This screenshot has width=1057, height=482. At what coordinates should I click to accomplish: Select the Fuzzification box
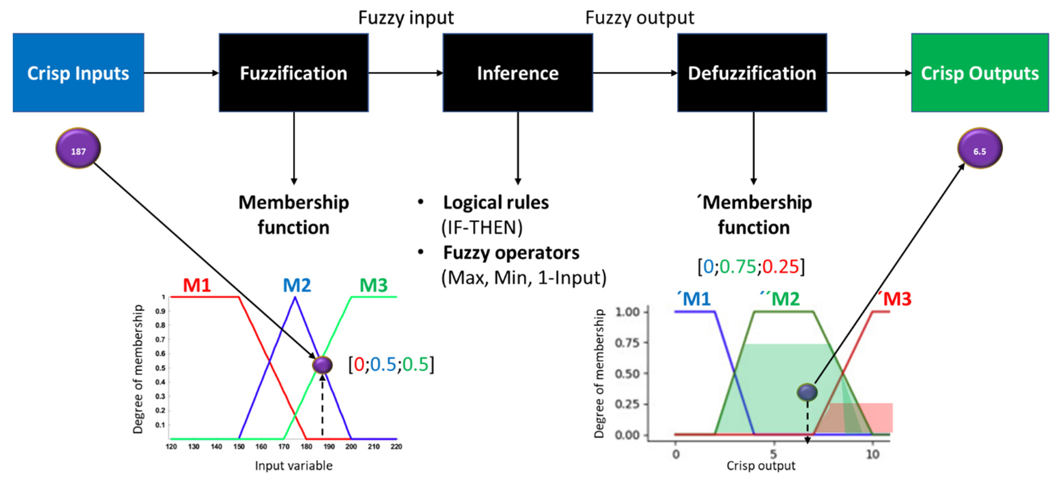pos(293,73)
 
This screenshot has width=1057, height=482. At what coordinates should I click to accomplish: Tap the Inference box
pos(517,73)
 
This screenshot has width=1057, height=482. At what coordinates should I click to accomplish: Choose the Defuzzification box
pos(752,73)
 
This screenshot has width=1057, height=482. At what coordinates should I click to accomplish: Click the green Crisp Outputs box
pos(979,73)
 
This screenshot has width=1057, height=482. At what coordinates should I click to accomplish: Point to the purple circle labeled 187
pos(78,149)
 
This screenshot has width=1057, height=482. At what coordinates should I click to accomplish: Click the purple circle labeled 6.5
pos(979,149)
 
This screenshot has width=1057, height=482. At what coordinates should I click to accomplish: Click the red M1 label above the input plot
pos(197,285)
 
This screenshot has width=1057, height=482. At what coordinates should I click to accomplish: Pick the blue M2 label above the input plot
pos(297,285)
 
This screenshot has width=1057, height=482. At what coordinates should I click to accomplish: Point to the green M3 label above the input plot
pos(374,285)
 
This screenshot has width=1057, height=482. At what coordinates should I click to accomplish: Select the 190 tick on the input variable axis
pos(329,446)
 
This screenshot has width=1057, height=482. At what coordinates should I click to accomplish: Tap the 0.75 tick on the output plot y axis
pos(627,342)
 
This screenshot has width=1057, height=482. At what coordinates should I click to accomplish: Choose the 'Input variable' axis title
pos(293,465)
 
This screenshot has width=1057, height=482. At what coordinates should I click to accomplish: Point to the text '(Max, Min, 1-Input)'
pos(524,278)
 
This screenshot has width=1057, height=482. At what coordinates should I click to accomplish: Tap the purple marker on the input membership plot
pos(322,365)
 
